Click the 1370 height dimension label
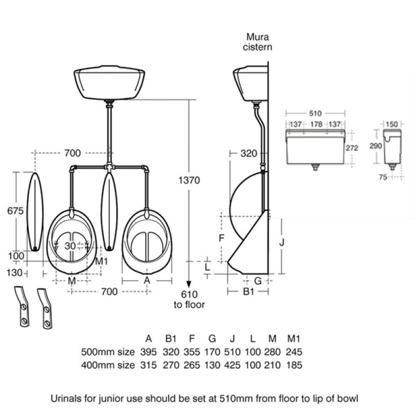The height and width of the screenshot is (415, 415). click(189, 180)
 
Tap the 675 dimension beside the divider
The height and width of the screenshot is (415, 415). click(16, 211)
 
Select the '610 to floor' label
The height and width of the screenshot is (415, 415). click(189, 299)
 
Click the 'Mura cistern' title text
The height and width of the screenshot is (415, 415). click(257, 42)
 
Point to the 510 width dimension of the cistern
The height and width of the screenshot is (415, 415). click(315, 114)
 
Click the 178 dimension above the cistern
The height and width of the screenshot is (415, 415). click(316, 124)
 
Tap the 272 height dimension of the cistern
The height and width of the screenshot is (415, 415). click(352, 148)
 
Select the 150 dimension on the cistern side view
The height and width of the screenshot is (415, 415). click(392, 124)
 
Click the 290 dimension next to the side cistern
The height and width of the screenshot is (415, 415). click(376, 146)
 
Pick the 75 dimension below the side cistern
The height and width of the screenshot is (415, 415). click(383, 177)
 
